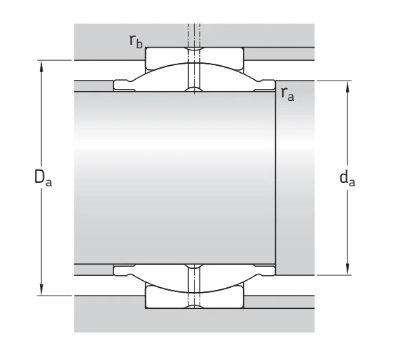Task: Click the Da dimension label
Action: click(43, 178)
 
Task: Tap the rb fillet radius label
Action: click(136, 41)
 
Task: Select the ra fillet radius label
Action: click(287, 94)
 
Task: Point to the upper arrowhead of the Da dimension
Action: click(41, 66)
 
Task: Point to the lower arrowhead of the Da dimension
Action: click(41, 290)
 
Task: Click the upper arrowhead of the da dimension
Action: click(347, 86)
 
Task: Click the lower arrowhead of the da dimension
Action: click(347, 270)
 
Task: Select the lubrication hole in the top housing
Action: click(194, 35)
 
